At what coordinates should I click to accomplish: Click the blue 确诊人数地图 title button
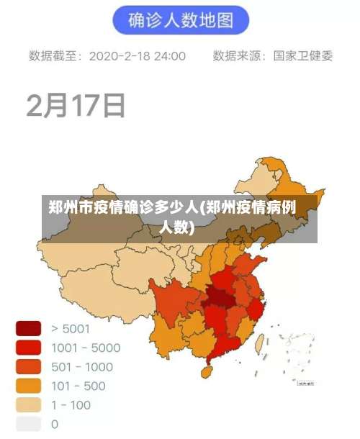[181, 20]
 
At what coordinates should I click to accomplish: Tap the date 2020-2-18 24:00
[138, 55]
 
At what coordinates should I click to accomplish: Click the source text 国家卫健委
[303, 55]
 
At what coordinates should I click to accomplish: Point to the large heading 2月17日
[76, 105]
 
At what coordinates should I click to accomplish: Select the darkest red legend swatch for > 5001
[29, 329]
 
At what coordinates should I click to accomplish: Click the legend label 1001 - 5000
[86, 348]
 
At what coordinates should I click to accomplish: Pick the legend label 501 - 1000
[82, 367]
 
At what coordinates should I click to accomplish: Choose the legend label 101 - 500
[78, 386]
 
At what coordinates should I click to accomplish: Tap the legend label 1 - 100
[71, 404]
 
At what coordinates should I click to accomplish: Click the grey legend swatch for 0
[29, 424]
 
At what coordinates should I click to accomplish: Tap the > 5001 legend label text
[71, 329]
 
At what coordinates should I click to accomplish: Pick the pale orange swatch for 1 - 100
[29, 404]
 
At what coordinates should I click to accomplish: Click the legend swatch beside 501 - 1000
[29, 367]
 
